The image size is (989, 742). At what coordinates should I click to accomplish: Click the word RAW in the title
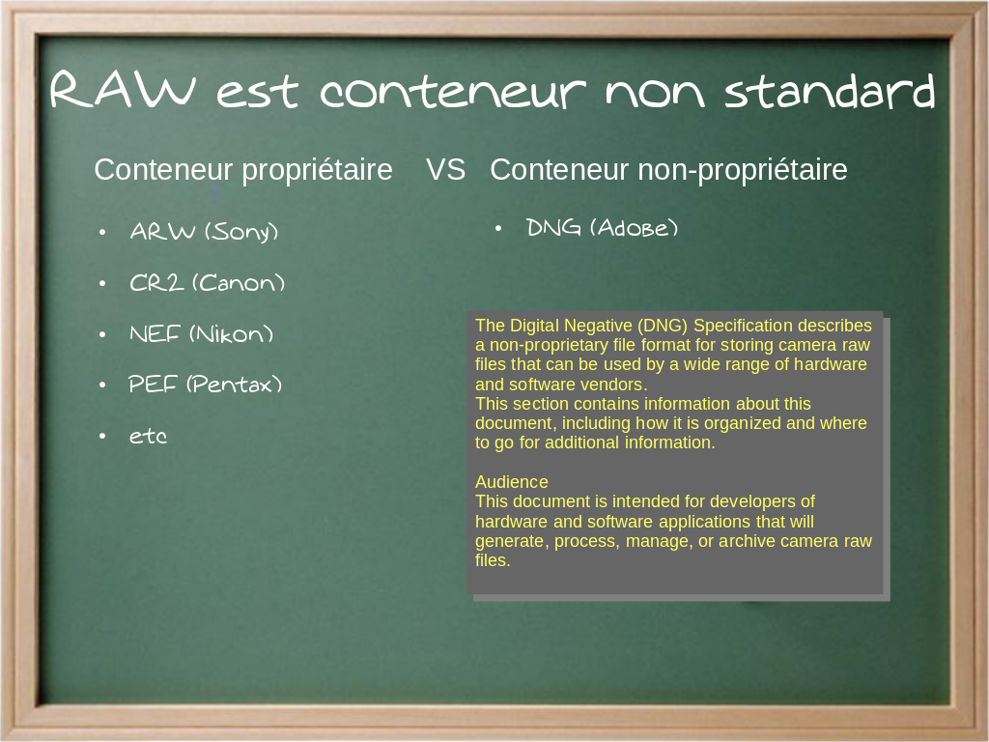[x=123, y=90]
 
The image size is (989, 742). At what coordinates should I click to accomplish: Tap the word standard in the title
[x=830, y=91]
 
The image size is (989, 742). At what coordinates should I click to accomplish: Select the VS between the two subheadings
[x=445, y=170]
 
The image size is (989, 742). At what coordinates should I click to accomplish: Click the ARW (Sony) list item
[x=204, y=232]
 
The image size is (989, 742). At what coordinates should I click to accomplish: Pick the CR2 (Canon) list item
[x=207, y=283]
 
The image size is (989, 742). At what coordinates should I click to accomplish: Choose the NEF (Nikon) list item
[x=201, y=333]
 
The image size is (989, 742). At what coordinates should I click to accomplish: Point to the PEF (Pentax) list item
[x=205, y=385]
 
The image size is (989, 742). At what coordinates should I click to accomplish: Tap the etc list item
[x=148, y=436]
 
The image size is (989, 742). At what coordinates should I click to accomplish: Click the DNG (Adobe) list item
[x=602, y=228]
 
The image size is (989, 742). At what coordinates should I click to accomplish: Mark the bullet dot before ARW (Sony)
[x=102, y=233]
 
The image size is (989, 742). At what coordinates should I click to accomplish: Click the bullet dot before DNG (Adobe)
[x=498, y=228]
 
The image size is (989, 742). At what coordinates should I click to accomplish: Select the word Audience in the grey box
[x=512, y=482]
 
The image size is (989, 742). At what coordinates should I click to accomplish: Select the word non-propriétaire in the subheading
[x=743, y=170]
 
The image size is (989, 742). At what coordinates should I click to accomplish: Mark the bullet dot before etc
[x=102, y=436]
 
